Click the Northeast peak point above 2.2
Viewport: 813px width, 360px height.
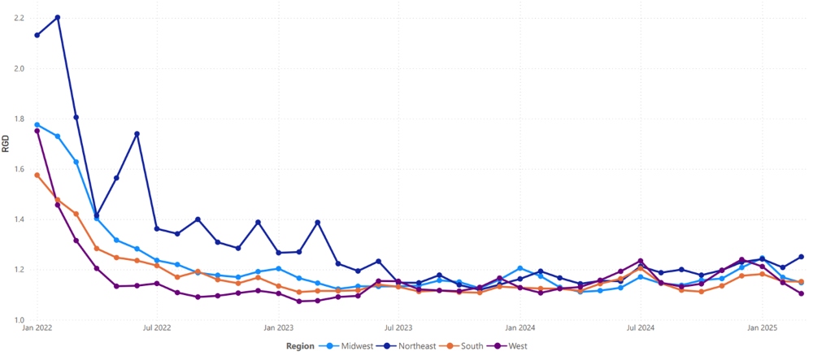pos(57,17)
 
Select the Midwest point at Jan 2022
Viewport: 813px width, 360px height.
pos(37,124)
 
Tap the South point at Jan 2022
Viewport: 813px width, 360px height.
pos(37,175)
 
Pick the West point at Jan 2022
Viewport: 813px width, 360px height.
pos(37,131)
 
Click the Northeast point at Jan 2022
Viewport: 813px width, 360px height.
pos(37,35)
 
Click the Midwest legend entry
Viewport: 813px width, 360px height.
pos(352,346)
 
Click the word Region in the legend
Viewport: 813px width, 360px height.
pos(300,346)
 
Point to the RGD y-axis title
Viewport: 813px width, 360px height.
pos(7,145)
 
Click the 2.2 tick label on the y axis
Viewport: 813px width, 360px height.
pos(19,18)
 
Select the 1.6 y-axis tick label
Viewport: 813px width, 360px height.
pos(19,169)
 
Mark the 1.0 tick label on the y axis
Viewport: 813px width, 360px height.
pos(19,320)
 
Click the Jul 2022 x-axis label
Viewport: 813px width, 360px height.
pos(156,328)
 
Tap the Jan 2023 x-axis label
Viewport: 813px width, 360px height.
pos(278,328)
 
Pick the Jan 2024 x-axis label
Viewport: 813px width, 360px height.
pos(520,328)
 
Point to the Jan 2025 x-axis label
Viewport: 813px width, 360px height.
pos(762,328)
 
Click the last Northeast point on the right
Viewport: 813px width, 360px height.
pos(801,257)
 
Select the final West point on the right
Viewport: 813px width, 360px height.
pos(801,293)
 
